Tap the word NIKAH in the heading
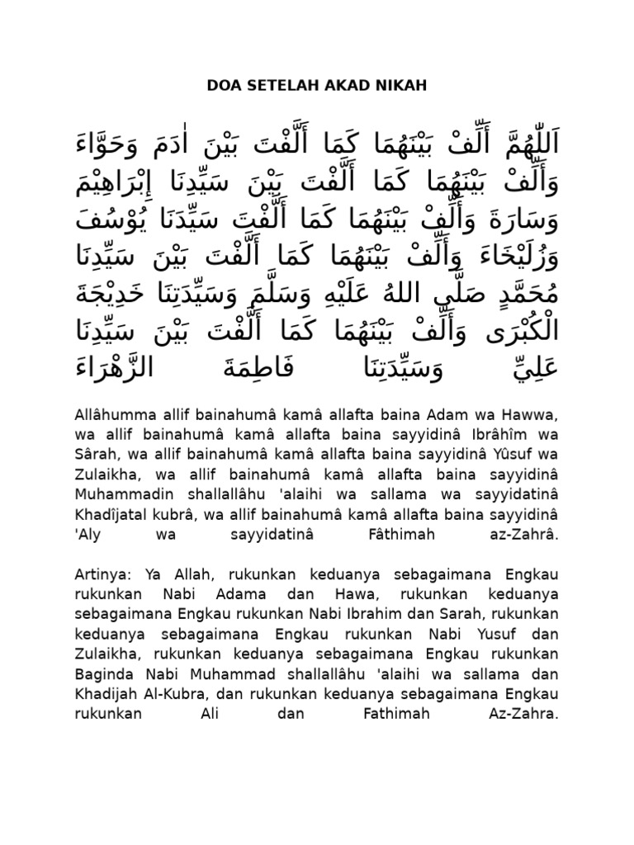coord(405,84)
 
